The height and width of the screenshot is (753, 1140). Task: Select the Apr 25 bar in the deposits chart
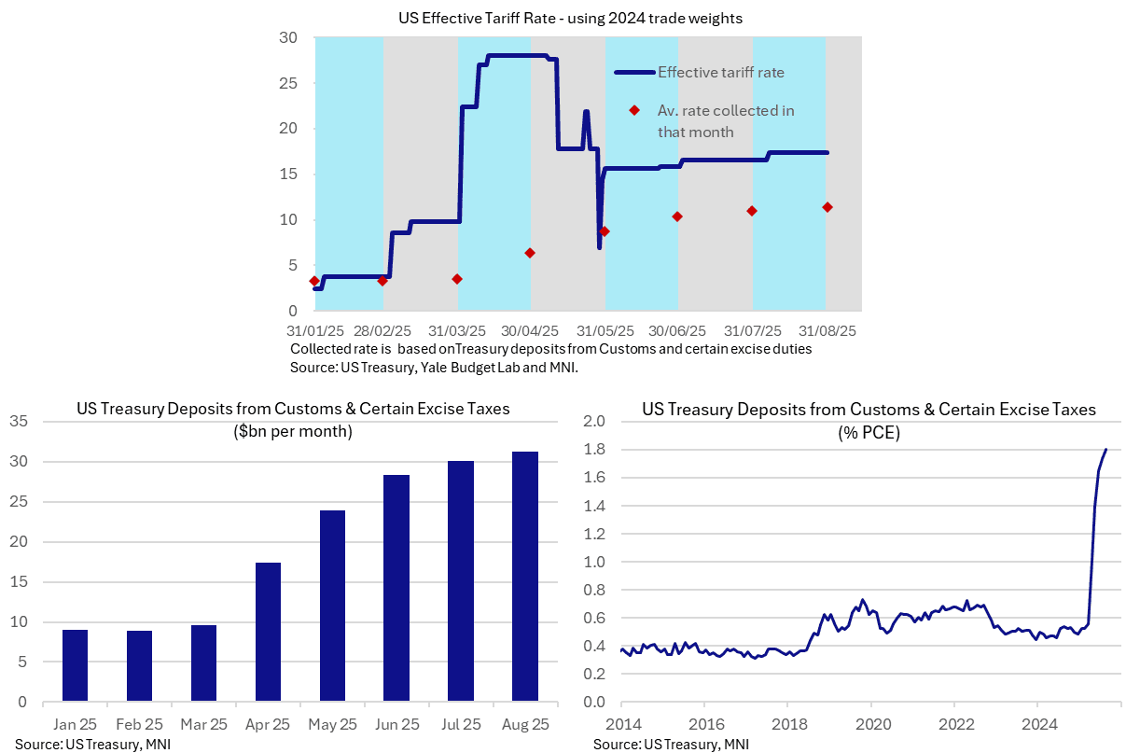tap(269, 632)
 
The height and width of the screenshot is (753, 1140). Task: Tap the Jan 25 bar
tap(75, 665)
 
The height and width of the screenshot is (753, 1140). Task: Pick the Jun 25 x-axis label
tap(396, 724)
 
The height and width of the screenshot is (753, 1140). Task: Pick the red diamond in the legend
tap(634, 110)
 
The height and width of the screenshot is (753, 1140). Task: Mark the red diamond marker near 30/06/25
tap(677, 216)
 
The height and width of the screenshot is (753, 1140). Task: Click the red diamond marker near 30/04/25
tap(530, 253)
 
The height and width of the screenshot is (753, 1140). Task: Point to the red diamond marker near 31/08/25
tap(827, 207)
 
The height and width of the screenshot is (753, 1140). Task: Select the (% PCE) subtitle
tap(869, 432)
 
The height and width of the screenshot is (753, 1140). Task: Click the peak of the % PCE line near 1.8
tap(1106, 450)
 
